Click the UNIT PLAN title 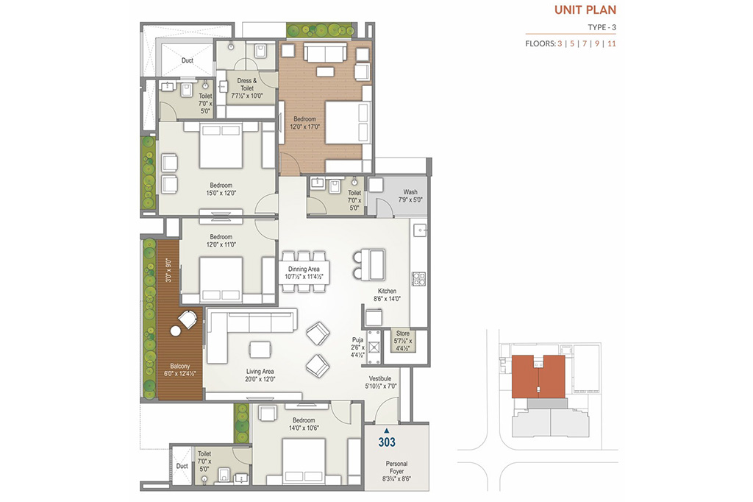[585, 10]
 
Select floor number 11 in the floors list [611, 43]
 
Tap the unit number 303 [387, 442]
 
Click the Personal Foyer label [396, 467]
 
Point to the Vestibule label [380, 378]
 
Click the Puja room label [357, 340]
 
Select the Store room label [403, 333]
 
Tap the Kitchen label [387, 291]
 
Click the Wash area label [410, 192]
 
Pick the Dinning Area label [304, 269]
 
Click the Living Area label [260, 371]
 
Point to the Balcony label [180, 367]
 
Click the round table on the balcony [175, 330]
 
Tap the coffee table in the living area [260, 350]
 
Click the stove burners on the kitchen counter [418, 278]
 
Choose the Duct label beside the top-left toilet [188, 60]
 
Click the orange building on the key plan [538, 377]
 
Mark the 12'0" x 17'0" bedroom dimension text [304, 127]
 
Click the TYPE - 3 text [602, 27]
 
